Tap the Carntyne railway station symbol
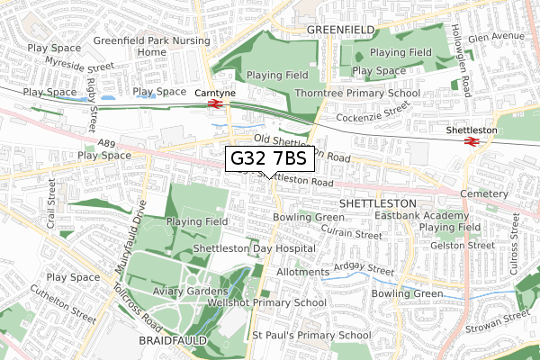[x=214, y=103]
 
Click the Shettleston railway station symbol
[x=470, y=141]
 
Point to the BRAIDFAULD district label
[x=173, y=342]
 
